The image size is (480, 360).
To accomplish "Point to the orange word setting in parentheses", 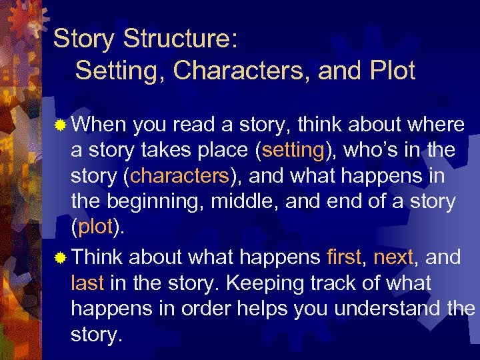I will pos(293,151).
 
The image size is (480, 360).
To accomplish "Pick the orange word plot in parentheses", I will pos(95,227).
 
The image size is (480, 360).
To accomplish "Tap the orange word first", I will pos(344,257).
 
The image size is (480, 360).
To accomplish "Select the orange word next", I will pos(393,257).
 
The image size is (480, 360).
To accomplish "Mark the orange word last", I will pos(87,283).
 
